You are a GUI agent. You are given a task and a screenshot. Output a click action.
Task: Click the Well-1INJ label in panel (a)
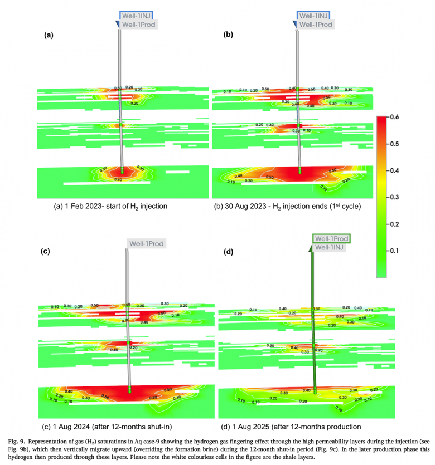point(137,16)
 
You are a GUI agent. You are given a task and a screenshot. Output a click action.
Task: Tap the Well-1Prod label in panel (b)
point(316,25)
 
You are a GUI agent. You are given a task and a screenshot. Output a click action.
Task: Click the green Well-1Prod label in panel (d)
point(332,238)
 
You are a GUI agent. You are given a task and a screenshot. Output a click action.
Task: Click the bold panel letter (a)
point(49,35)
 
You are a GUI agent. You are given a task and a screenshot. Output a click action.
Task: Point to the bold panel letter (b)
point(228,35)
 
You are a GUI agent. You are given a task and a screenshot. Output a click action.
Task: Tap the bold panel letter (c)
point(46,251)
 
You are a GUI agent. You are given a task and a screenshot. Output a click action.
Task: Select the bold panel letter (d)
point(228,251)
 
